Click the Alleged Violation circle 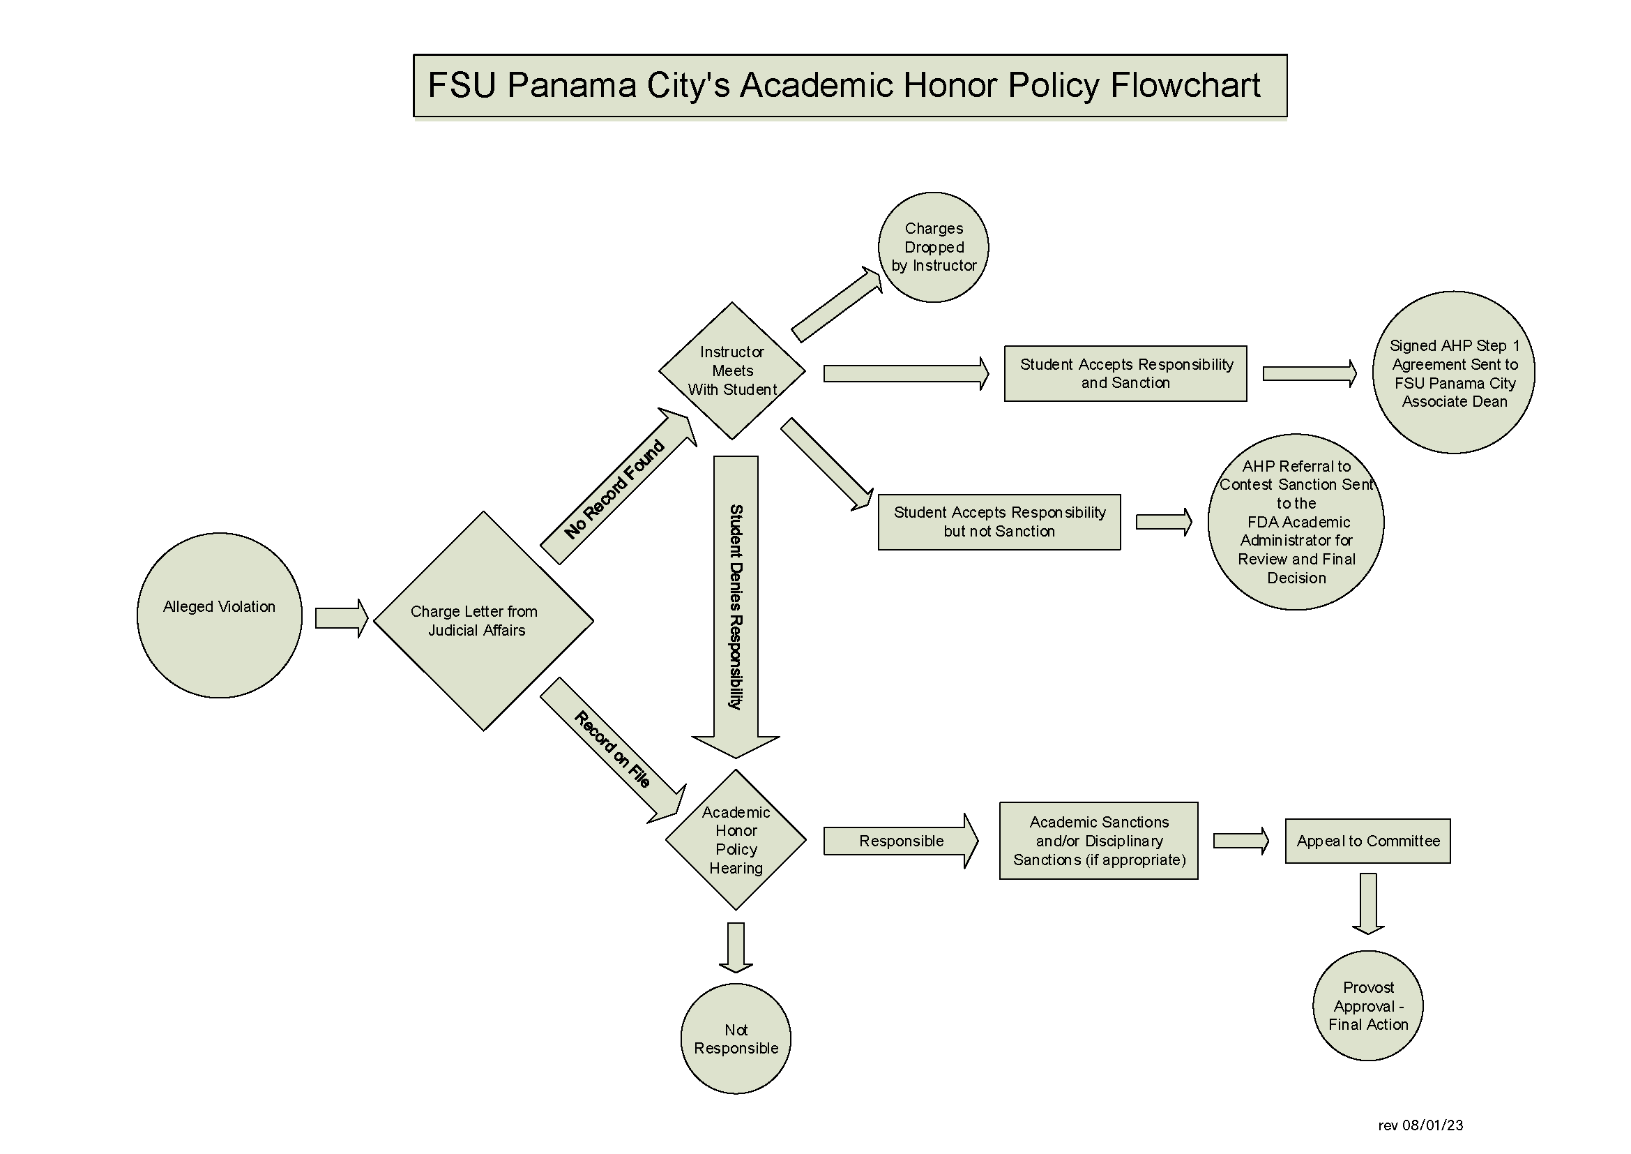point(219,615)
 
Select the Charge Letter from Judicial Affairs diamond point(483,621)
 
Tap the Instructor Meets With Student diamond point(731,371)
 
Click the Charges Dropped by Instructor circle point(934,247)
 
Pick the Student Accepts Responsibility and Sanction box point(1125,374)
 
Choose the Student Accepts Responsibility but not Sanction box point(999,523)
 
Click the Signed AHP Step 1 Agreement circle point(1453,373)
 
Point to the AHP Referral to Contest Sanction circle point(1296,523)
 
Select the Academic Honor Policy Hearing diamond point(736,840)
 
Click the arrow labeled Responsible point(901,841)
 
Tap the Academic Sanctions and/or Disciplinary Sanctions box point(1098,841)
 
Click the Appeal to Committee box point(1367,841)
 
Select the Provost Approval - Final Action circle point(1367,1005)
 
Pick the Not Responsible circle point(736,1039)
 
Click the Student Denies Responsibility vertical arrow point(736,604)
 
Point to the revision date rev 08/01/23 point(1420,1125)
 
